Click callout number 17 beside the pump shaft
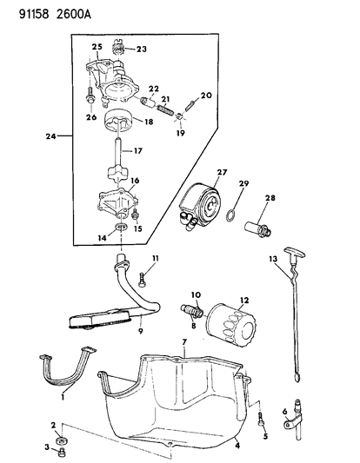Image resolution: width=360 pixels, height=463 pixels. pos(136,150)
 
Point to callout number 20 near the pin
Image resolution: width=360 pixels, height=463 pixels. pos(206,96)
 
